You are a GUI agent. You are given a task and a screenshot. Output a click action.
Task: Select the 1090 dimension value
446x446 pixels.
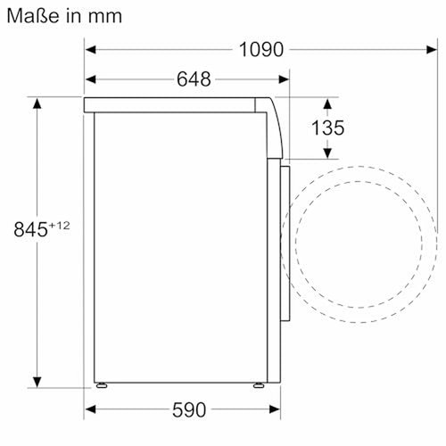pos(261,50)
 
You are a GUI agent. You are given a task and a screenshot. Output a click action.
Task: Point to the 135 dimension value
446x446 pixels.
pos(326,128)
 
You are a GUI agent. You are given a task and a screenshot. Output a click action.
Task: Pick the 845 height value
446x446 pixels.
pos(30,229)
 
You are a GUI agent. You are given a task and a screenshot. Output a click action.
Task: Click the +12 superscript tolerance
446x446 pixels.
pos(59,225)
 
